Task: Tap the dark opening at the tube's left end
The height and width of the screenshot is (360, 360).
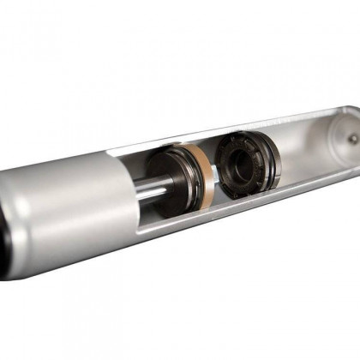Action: (3, 231)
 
